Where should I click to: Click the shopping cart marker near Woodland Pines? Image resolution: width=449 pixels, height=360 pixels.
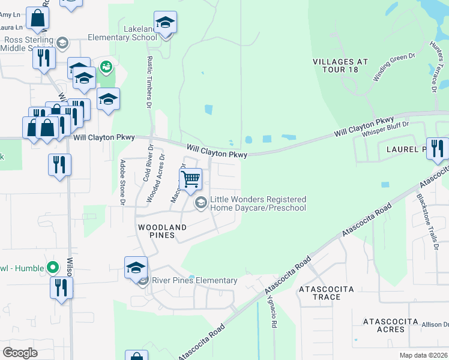click(191, 178)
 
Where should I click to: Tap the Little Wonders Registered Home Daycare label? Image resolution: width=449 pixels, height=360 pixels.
click(258, 203)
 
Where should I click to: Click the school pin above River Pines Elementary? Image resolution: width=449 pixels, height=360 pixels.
click(136, 268)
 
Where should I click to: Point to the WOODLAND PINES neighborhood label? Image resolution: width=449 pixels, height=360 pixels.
click(162, 231)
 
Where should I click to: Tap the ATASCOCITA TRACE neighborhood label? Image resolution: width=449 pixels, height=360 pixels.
click(327, 293)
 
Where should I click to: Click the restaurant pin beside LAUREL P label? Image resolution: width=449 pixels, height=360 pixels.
click(438, 148)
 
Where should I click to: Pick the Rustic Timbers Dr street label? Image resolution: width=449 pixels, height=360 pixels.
click(149, 82)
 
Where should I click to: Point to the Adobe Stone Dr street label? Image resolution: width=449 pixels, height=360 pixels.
click(122, 182)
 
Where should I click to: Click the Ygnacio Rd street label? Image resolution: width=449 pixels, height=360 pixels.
click(273, 311)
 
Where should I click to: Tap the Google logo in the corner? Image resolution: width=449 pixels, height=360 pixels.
click(20, 352)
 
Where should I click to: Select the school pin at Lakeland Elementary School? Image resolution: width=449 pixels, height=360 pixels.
click(165, 23)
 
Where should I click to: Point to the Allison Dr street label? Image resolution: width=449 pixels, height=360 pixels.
click(434, 325)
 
